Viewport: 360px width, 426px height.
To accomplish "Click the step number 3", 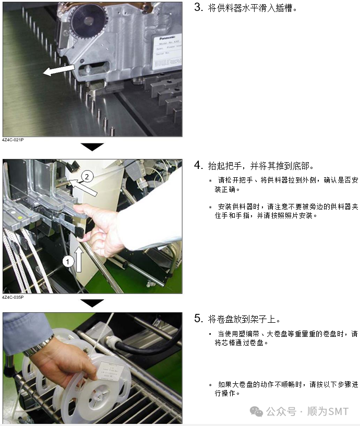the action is click(198, 7).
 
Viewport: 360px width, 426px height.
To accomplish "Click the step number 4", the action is click(198, 165).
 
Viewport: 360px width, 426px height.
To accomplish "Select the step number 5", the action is click(198, 318).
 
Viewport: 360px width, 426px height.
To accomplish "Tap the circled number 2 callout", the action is click(87, 177).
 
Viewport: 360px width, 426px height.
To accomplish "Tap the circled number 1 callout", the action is click(68, 262).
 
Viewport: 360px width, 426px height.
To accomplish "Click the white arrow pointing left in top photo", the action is click(59, 70).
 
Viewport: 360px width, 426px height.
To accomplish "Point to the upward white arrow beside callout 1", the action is click(79, 260).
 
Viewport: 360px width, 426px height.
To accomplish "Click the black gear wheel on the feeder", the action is click(86, 20).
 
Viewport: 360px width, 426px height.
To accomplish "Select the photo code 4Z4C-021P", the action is click(13, 140).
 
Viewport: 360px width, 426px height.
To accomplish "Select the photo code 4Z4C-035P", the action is click(13, 297).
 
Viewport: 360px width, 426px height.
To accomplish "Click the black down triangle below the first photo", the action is click(92, 147).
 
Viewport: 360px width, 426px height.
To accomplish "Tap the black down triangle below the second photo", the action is click(92, 303).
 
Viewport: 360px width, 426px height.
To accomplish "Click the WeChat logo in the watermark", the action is click(256, 411).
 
